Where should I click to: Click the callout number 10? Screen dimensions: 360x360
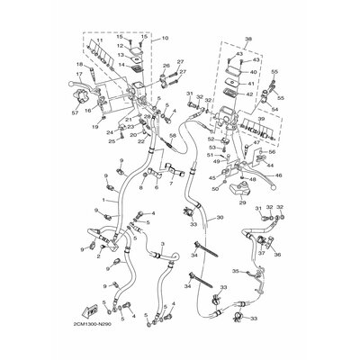[165, 39]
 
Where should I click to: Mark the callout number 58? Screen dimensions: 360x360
[173, 135]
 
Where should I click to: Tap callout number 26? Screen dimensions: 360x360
[166, 66]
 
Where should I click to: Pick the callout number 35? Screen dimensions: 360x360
[235, 269]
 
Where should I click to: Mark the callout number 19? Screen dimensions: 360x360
[95, 127]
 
